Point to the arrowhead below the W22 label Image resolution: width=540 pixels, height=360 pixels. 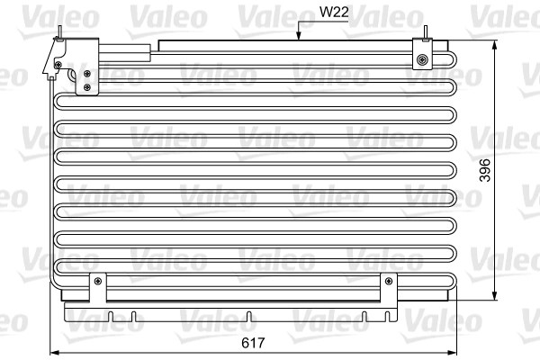[x=297, y=38]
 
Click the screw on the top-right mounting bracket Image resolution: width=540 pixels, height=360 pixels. [x=422, y=60]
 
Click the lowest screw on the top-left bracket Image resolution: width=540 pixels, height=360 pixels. [x=86, y=87]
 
